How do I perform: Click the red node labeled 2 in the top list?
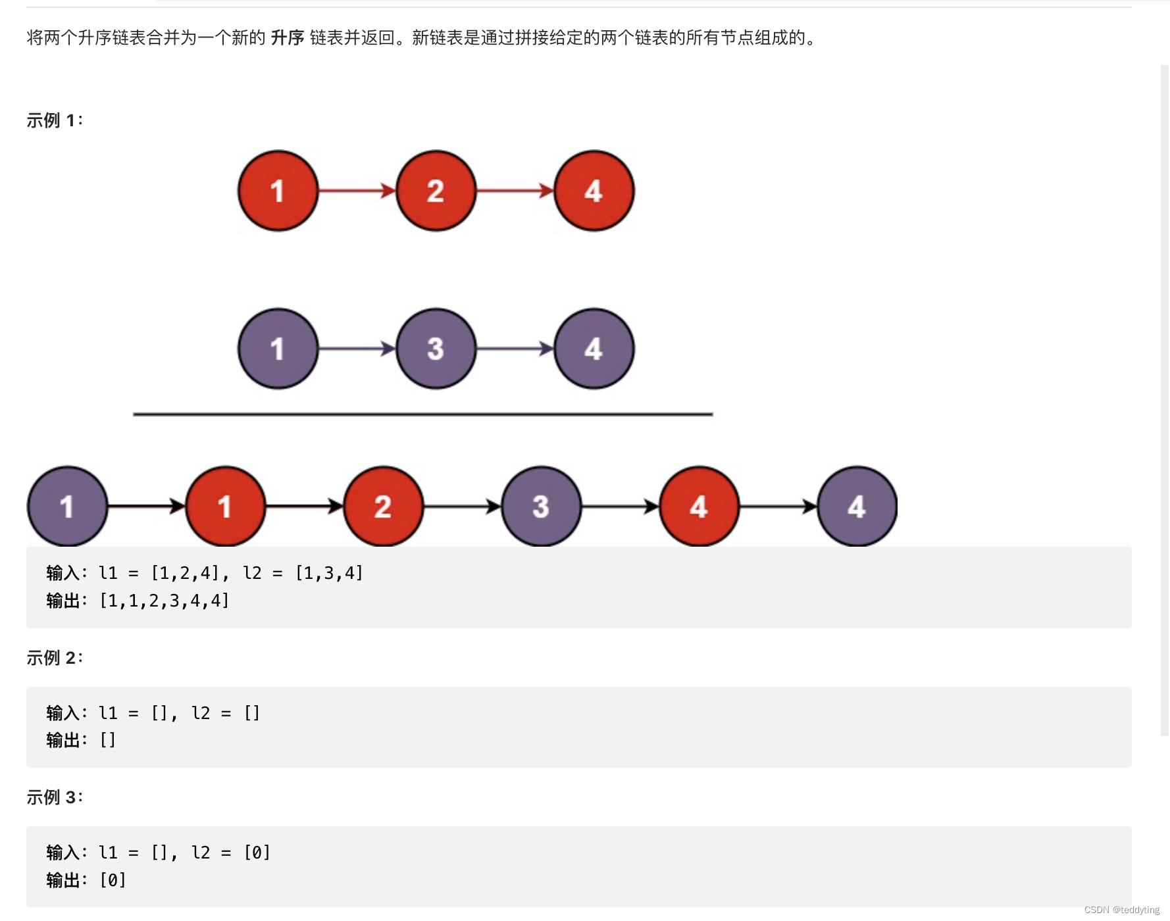tap(436, 191)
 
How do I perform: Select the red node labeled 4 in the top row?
tap(594, 191)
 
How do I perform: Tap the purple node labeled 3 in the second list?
tap(436, 349)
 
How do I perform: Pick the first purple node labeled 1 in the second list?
tap(278, 349)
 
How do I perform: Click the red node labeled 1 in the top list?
tap(278, 191)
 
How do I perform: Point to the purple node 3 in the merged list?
tap(541, 507)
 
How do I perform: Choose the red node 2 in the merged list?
tap(383, 507)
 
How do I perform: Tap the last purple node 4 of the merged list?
tap(857, 507)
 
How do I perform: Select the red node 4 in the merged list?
tap(699, 507)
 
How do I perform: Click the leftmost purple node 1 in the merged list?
tap(67, 507)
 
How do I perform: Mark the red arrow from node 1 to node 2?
tap(357, 191)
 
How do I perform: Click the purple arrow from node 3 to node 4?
tap(515, 349)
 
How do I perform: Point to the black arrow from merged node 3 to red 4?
tap(620, 507)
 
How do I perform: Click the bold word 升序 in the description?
tap(288, 38)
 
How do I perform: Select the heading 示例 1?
tap(55, 120)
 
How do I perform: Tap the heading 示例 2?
tap(55, 658)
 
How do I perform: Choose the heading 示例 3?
tap(55, 797)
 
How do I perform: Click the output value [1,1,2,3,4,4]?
tap(164, 601)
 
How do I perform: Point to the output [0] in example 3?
tap(113, 880)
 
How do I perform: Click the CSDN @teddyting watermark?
tap(1121, 910)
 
